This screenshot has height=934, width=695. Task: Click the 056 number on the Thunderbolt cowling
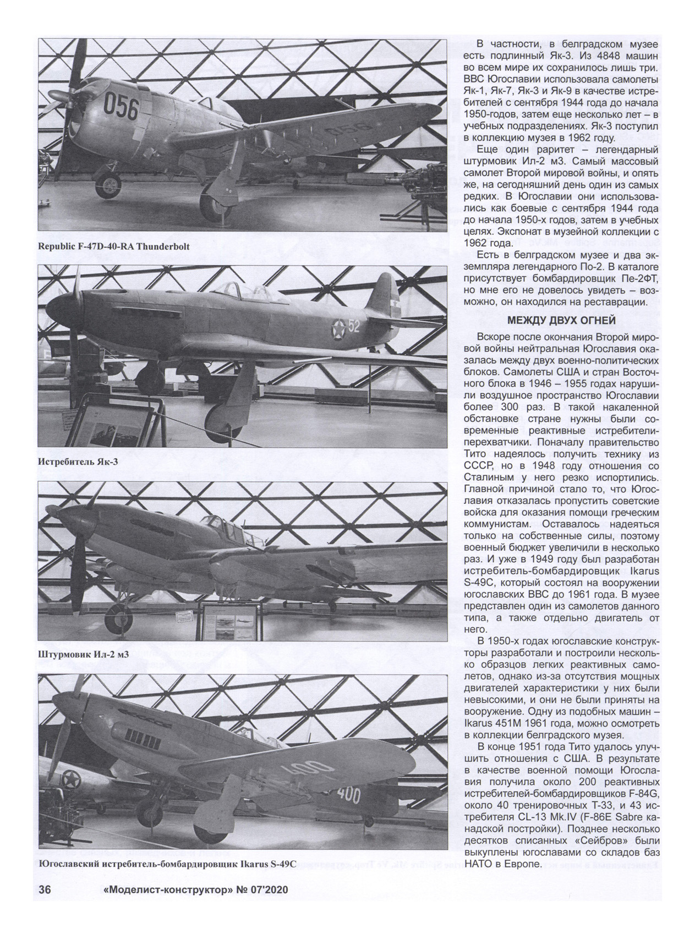[x=121, y=107]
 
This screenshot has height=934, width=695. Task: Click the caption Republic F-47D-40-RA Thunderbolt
[x=113, y=246]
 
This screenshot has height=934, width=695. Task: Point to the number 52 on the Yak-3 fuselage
[x=353, y=327]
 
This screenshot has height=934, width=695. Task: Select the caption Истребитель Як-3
[x=78, y=462]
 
